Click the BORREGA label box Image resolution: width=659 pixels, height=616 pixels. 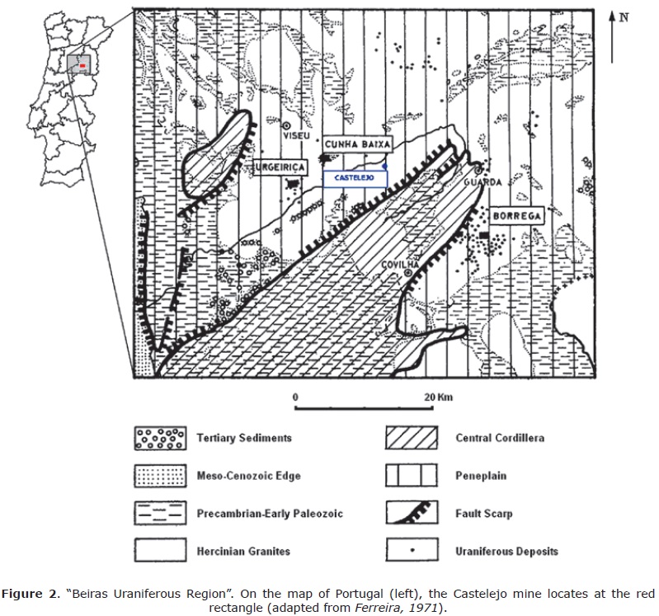tap(515, 215)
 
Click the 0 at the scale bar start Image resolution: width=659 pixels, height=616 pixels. tap(295, 397)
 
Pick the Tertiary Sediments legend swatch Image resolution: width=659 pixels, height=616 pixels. tap(161, 438)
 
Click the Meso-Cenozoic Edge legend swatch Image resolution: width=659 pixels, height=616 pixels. tap(161, 476)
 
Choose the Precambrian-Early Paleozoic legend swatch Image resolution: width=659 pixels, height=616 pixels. tap(161, 513)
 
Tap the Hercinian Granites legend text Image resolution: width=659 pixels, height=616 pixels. tap(244, 551)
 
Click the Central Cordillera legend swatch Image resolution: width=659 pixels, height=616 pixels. tap(412, 438)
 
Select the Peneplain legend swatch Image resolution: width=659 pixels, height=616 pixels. tap(412, 476)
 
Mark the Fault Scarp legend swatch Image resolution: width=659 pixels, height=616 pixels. tap(412, 513)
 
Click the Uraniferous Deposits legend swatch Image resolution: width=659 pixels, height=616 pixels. tap(412, 551)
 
